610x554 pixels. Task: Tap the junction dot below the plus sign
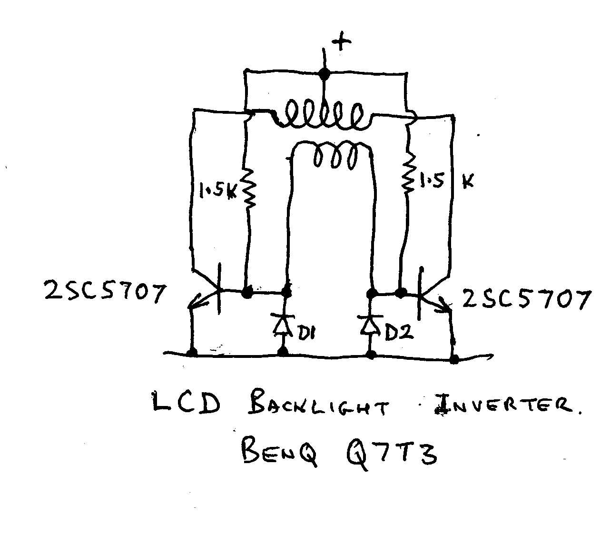pyautogui.click(x=324, y=74)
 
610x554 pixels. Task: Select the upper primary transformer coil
pyautogui.click(x=323, y=116)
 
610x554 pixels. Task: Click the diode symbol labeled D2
pyautogui.click(x=370, y=325)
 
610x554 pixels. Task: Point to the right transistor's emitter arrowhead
pyautogui.click(x=446, y=307)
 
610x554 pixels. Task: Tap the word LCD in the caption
pyautogui.click(x=186, y=404)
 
